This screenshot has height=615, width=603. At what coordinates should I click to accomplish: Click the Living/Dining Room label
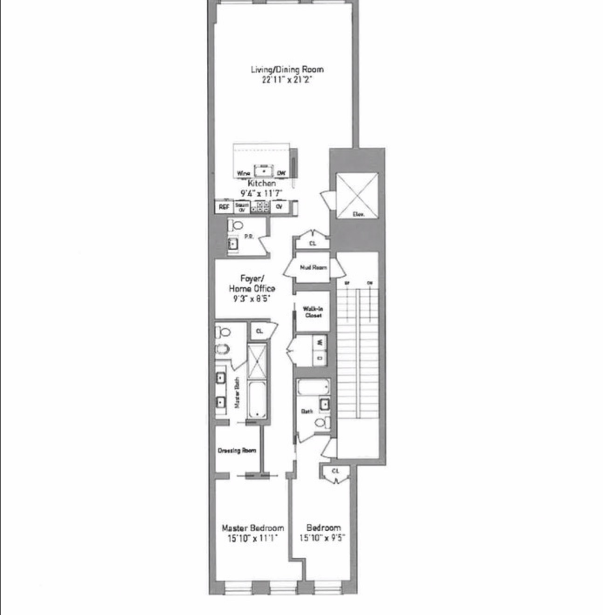point(287,69)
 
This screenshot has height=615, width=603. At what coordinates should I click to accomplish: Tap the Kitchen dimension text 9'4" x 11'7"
point(261,193)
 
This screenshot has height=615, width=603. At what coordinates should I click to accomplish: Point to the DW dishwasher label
point(281,173)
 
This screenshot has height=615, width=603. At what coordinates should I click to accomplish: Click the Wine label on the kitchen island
point(243,173)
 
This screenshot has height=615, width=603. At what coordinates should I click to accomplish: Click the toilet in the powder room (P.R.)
point(236,225)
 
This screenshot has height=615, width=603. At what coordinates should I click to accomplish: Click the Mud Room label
point(313,267)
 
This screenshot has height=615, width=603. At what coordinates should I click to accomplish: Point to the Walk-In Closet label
point(313,312)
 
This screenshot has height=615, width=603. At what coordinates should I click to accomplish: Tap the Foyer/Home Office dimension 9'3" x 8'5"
point(252,299)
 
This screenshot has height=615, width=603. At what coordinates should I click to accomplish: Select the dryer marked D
point(320,358)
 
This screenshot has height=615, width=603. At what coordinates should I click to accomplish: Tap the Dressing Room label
point(237,451)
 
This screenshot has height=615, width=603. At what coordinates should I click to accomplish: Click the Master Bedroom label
point(253,528)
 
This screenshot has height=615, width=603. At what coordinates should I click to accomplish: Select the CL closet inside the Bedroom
point(336,471)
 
